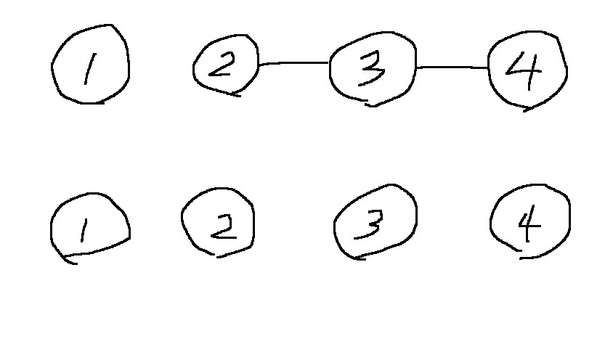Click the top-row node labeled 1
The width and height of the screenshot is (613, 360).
point(90,65)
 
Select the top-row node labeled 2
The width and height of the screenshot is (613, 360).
point(225,67)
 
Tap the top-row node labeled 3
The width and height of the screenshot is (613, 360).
point(373,68)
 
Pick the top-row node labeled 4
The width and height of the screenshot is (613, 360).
point(527,70)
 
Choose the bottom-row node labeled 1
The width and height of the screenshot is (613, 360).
point(89,227)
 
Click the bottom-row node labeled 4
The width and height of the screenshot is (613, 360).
point(529,220)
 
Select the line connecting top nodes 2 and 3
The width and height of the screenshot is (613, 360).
point(293,63)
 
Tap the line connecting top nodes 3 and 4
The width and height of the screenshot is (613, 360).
point(452,67)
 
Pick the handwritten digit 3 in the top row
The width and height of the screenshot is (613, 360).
point(371,68)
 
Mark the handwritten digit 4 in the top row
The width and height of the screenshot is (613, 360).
point(526,70)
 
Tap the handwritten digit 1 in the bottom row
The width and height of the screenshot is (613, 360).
point(84,230)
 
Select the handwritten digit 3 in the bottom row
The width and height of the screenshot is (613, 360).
point(370,224)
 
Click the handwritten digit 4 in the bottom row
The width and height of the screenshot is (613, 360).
point(529,225)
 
